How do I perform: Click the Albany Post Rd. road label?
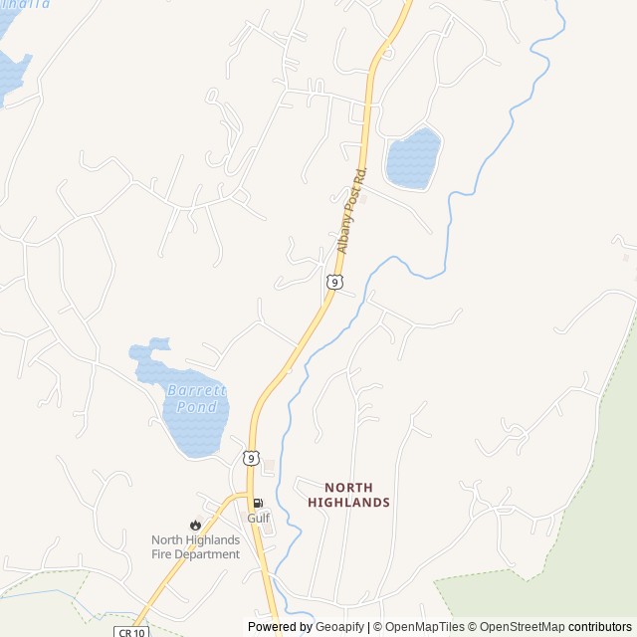(x=350, y=210)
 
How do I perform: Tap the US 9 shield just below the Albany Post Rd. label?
(x=334, y=283)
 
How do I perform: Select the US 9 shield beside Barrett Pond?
(x=249, y=456)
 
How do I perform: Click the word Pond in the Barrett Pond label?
(x=196, y=406)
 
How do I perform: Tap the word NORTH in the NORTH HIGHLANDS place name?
(x=348, y=488)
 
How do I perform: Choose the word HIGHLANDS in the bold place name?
(x=348, y=503)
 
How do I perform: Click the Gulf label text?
(x=259, y=518)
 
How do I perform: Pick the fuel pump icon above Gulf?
(x=258, y=504)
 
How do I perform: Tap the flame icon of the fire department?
(x=195, y=525)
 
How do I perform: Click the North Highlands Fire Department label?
(x=195, y=547)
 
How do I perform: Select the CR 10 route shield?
(x=129, y=631)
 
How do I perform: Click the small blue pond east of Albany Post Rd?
(x=412, y=159)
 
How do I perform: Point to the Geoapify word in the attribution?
(x=340, y=627)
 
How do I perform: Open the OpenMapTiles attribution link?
(x=424, y=627)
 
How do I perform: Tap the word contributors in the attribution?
(x=600, y=627)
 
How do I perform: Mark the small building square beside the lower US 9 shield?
(x=269, y=465)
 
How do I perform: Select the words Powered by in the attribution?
(x=280, y=627)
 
